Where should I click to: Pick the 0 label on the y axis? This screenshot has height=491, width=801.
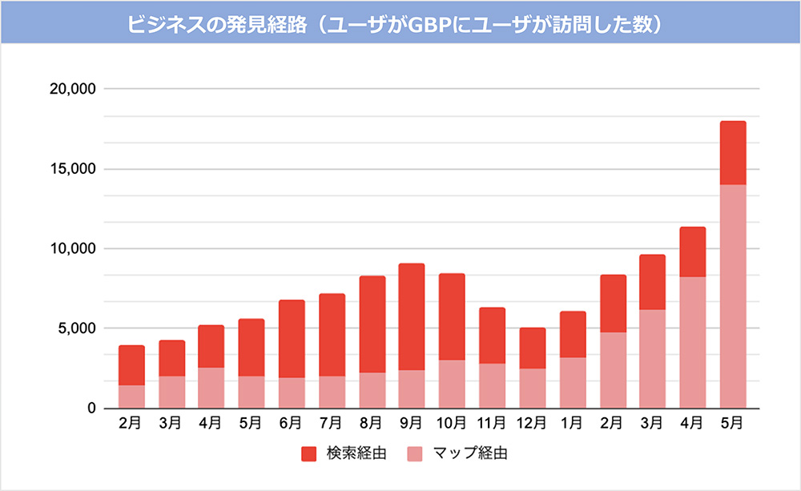pyautogui.click(x=91, y=408)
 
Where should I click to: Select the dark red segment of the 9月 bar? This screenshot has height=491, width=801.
pyautogui.click(x=412, y=316)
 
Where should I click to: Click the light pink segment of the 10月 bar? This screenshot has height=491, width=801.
pyautogui.click(x=452, y=384)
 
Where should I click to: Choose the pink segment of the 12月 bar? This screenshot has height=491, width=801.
pyautogui.click(x=532, y=388)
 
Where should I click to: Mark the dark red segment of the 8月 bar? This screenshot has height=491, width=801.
pyautogui.click(x=372, y=324)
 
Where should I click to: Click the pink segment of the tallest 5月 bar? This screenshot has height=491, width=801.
pyautogui.click(x=733, y=296)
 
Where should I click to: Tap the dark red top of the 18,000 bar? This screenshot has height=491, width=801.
pyautogui.click(x=733, y=153)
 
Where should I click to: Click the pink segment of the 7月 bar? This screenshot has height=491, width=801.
pyautogui.click(x=332, y=392)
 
